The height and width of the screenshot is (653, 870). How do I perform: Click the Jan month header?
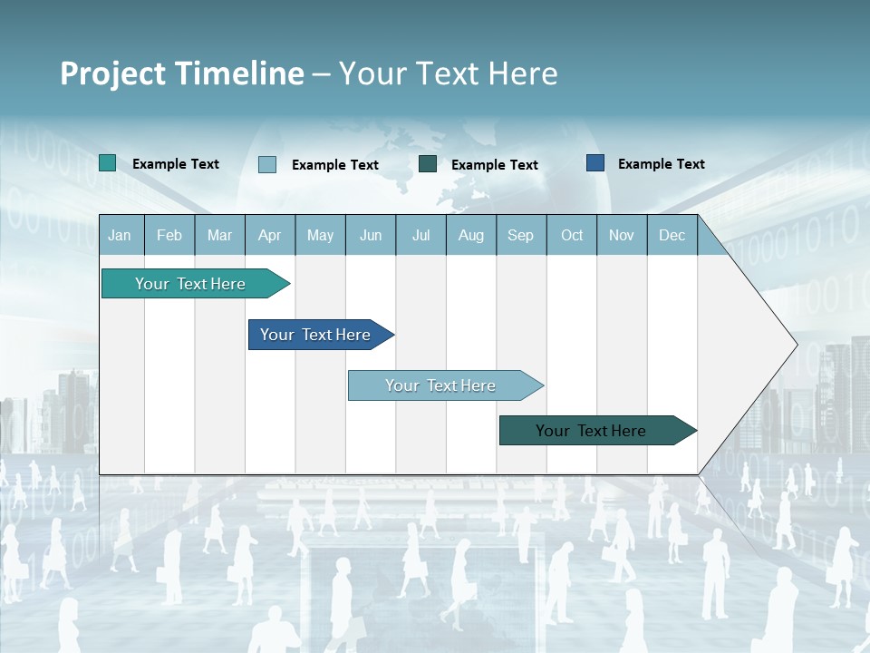120,235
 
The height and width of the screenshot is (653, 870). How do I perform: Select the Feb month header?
169,235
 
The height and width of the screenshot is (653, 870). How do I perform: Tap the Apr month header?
269,235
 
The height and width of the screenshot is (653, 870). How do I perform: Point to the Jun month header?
371,235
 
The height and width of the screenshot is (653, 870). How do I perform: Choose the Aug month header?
470,235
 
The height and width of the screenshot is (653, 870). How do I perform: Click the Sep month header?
520,235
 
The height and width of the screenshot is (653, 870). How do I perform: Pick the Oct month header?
572,235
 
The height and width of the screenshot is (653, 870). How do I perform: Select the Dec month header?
672,235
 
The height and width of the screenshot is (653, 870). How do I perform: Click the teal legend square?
107,163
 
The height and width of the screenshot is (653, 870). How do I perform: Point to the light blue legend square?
267,164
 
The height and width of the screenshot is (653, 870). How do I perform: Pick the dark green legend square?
428,163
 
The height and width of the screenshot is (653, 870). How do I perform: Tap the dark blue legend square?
595,163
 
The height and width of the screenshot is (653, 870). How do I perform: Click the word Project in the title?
111,73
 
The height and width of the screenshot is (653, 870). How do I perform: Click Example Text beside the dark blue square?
661,164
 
